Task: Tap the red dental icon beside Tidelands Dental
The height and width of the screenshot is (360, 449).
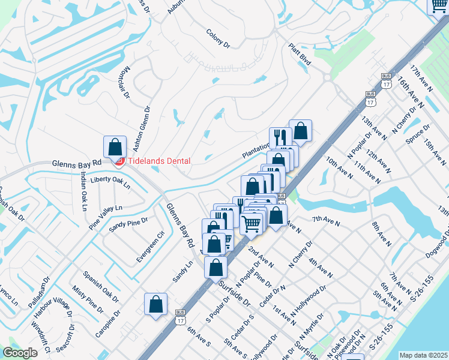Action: point(119,161)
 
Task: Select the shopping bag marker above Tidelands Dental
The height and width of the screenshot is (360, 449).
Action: point(115,147)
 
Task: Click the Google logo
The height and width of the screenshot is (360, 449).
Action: point(20,353)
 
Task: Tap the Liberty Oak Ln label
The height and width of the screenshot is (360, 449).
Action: point(110,182)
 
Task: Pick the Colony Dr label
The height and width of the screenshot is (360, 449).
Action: point(218,38)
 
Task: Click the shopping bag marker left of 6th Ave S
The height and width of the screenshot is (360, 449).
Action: point(156,304)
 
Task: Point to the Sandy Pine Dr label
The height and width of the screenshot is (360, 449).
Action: point(128,226)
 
